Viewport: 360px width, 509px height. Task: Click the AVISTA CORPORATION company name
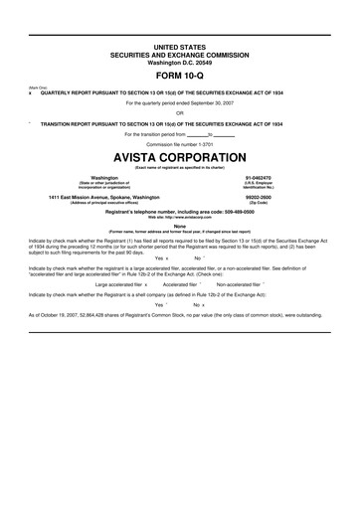(x=180, y=158)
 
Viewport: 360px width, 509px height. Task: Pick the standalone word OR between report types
(x=180, y=112)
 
